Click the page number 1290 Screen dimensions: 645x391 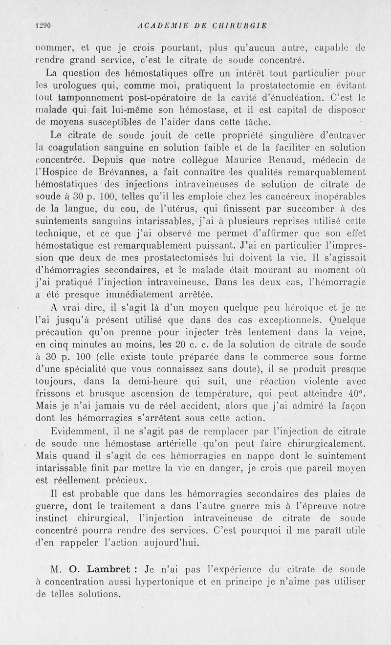tap(44, 26)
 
